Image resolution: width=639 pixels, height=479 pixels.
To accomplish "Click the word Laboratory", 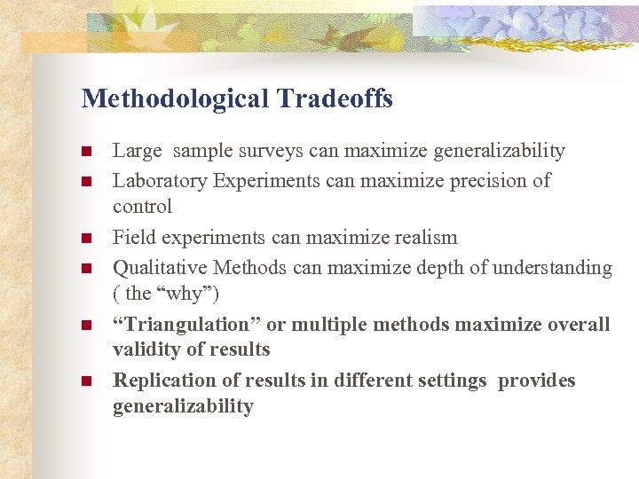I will (159, 181).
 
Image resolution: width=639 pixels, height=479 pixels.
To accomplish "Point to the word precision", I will (487, 181).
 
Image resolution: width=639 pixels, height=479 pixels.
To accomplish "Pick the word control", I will (142, 207).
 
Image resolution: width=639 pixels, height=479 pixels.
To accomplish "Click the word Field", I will (132, 238).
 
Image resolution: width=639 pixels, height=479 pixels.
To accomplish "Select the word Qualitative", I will (159, 268).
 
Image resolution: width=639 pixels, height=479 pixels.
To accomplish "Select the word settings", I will (452, 381).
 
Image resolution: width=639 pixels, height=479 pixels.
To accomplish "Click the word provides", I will (537, 381).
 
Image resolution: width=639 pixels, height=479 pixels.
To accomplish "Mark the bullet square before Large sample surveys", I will (86, 152).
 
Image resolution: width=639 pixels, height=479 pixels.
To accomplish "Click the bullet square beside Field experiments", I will (86, 238).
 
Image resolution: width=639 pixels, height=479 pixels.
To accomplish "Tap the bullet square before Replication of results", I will (86, 381).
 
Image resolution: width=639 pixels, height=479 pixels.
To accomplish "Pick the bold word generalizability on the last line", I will (183, 406).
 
